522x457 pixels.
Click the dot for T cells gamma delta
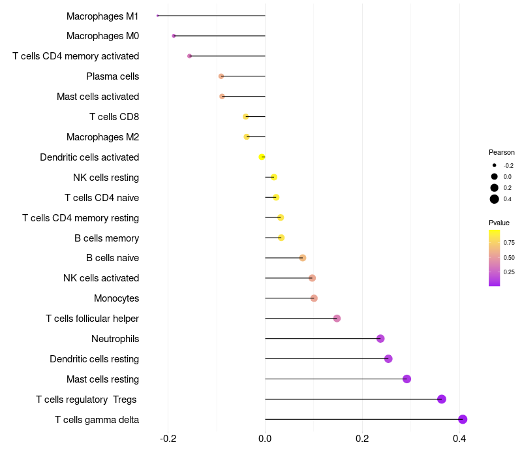click(x=463, y=419)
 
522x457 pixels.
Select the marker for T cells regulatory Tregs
click(x=442, y=399)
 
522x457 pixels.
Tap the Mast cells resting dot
click(x=407, y=379)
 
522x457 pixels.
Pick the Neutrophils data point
click(x=380, y=338)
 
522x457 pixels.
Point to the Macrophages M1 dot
click(x=158, y=16)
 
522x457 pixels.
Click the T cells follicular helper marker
click(x=337, y=318)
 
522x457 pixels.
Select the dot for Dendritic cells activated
click(x=262, y=157)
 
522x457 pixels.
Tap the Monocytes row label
click(x=116, y=298)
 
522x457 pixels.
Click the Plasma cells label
click(x=112, y=76)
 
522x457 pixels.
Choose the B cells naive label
click(x=112, y=258)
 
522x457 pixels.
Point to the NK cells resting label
click(x=106, y=178)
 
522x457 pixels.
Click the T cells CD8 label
click(x=114, y=117)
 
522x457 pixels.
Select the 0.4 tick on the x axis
click(x=459, y=438)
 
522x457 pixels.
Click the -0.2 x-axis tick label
click(x=168, y=438)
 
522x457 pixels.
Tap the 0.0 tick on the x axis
click(x=265, y=438)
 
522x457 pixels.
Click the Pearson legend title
click(x=501, y=152)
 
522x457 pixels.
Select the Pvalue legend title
click(x=499, y=223)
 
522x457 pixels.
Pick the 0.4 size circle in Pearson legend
click(x=495, y=199)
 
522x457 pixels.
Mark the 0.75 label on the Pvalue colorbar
click(x=509, y=243)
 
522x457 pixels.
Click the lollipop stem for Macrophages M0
click(x=219, y=36)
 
